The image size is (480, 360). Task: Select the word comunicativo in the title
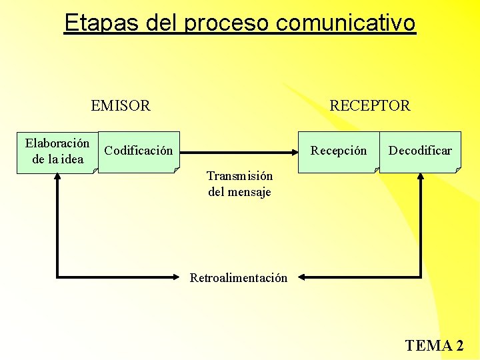pos(345,23)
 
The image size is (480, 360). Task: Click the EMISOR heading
pos(121,105)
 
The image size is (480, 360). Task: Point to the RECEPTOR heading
pos(370,105)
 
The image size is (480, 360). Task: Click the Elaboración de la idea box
pos(57,152)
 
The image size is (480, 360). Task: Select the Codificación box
pos(139,152)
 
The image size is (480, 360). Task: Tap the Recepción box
pos(338,152)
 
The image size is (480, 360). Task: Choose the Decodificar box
pos(420,152)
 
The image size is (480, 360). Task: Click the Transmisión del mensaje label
pos(239,184)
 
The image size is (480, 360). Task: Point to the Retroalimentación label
pos(239,277)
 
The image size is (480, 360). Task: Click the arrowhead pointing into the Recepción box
pos(293,151)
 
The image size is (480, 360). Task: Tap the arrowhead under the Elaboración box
pos(58,179)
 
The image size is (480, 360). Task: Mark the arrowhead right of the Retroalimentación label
pos(301,277)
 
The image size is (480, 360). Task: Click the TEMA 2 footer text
pos(434,345)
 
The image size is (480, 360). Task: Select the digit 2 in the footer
pos(459,345)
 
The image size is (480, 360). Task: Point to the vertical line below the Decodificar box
pos(421,227)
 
